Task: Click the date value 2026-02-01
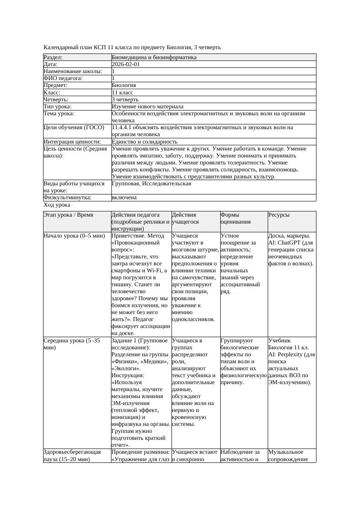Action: [126, 64]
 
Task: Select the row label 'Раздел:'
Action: [53, 57]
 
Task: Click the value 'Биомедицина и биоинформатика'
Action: [154, 57]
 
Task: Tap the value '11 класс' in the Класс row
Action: [122, 93]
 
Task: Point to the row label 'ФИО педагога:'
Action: [63, 78]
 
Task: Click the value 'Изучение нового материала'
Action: [148, 107]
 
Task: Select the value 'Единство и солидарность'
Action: [145, 142]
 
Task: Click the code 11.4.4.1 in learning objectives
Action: [123, 127]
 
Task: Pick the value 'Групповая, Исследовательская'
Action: [151, 184]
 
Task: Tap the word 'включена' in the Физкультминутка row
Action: [124, 198]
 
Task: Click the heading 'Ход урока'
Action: [57, 205]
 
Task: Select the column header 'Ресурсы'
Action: [279, 215]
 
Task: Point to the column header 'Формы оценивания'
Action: [236, 218]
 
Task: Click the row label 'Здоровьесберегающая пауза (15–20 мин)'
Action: [72, 455]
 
